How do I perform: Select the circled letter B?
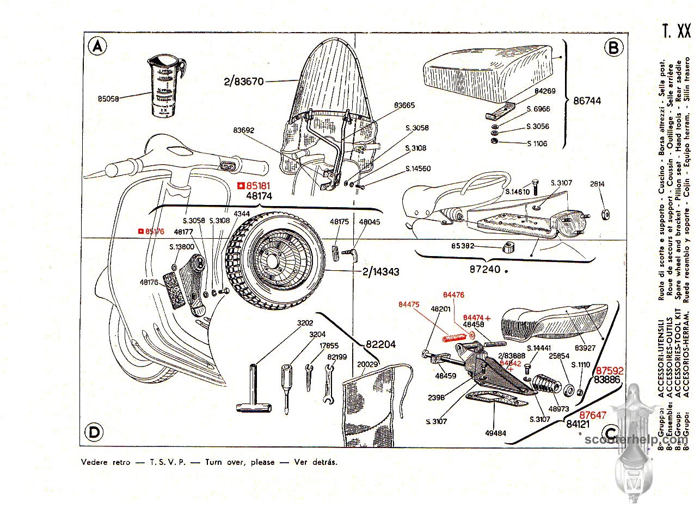coord(613,48)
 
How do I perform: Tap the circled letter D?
coord(95,432)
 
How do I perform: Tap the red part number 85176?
coord(154,231)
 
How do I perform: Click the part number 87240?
coord(486,269)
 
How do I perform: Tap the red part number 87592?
coord(609,370)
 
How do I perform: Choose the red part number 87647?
coord(592,414)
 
